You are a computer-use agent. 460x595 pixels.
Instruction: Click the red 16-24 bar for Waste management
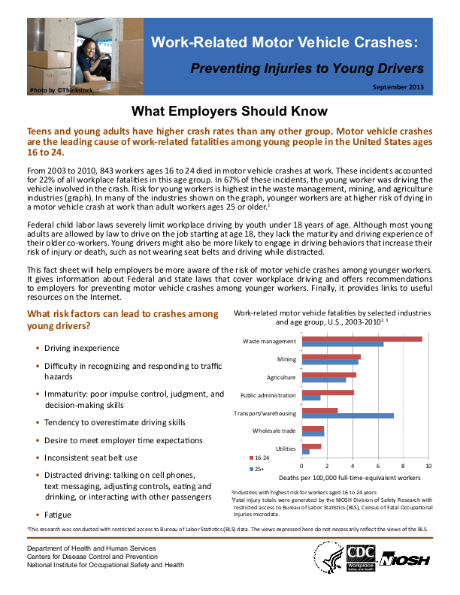click(x=361, y=339)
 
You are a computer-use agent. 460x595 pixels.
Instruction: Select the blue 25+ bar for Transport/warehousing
click(x=347, y=415)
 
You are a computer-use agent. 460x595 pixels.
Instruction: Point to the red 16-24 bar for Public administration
click(x=327, y=392)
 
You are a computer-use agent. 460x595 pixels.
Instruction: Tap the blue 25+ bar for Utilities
click(x=305, y=452)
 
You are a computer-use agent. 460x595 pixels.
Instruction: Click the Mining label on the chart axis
click(x=286, y=360)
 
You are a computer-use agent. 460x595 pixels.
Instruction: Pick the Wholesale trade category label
click(x=274, y=430)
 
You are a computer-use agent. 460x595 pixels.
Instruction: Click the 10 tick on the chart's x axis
click(x=428, y=467)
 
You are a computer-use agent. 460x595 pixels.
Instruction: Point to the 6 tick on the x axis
click(x=378, y=467)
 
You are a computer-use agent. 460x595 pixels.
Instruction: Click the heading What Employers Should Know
click(x=227, y=111)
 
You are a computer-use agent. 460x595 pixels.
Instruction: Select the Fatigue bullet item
click(x=58, y=515)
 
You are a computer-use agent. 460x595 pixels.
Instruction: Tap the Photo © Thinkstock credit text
click(x=62, y=90)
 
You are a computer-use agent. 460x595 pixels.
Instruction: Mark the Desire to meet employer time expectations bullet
click(x=125, y=440)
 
